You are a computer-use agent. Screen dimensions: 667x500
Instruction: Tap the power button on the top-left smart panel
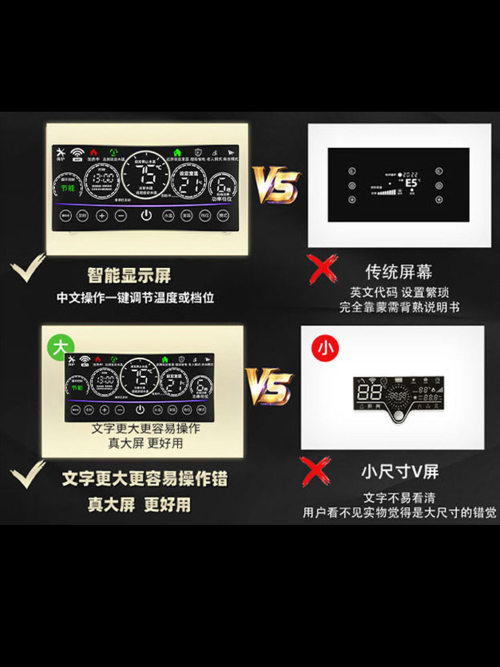point(146,216)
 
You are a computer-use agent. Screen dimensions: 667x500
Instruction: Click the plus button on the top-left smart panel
point(101,216)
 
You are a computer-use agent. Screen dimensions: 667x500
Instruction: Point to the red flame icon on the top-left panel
point(93,152)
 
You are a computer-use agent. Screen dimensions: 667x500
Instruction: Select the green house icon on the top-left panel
point(177,152)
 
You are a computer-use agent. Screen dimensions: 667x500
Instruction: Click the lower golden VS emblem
point(270,386)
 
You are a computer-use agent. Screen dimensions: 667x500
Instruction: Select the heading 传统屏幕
point(399,271)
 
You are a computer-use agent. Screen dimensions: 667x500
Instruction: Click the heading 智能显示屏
point(129,274)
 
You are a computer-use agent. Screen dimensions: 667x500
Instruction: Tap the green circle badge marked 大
point(60,347)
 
